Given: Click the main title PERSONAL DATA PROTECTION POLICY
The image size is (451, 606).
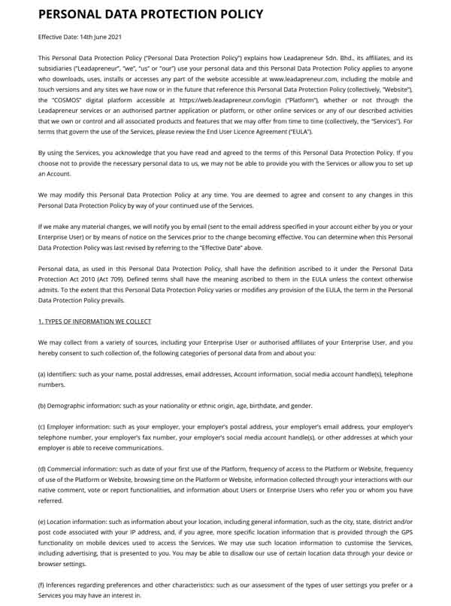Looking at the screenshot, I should (150, 14).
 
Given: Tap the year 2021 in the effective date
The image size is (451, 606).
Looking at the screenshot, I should (112, 36).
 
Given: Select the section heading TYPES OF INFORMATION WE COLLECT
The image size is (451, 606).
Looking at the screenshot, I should (97, 321).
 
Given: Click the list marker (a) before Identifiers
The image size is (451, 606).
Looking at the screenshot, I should (42, 374).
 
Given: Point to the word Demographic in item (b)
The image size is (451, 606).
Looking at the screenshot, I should (65, 406).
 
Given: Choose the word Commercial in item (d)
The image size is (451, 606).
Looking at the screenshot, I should (65, 469).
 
